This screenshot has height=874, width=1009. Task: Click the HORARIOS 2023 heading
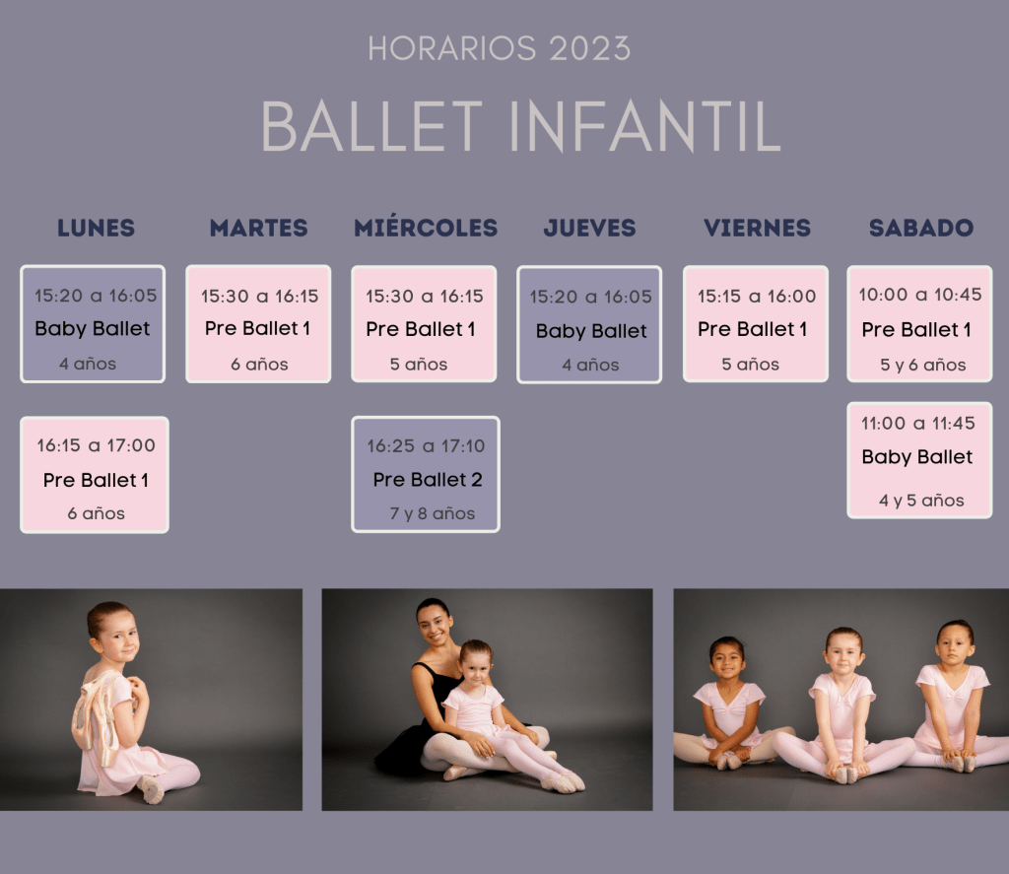(x=500, y=49)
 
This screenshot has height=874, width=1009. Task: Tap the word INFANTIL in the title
(x=644, y=126)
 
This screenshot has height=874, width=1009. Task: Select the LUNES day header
(x=96, y=228)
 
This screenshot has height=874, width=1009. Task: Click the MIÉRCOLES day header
(x=426, y=228)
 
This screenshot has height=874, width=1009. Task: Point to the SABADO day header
(x=921, y=228)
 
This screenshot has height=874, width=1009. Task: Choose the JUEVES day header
(x=589, y=228)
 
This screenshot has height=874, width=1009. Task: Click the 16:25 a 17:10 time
(x=426, y=446)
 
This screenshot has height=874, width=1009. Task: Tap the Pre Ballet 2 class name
(x=428, y=480)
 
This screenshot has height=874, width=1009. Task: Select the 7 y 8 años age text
(x=432, y=513)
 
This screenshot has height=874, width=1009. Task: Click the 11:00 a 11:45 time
(x=917, y=424)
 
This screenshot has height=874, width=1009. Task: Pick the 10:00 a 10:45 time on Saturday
(x=919, y=295)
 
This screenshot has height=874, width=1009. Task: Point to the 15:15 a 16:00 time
(x=756, y=296)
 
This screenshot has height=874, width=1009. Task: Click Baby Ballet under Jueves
(x=591, y=331)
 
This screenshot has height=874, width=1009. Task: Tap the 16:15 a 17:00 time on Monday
(x=96, y=445)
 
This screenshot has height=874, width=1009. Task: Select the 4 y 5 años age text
(x=921, y=501)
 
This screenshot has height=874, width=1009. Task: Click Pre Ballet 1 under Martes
(x=257, y=328)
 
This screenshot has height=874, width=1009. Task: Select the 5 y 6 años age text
(x=922, y=365)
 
